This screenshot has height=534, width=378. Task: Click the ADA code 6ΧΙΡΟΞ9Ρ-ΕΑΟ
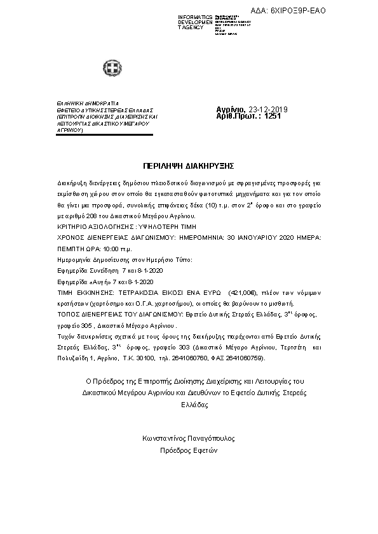tap(347, 11)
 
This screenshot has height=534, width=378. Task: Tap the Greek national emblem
tap(112, 67)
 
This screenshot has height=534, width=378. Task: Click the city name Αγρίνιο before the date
tap(231, 109)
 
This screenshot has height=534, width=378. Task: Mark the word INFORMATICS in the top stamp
tap(196, 16)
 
